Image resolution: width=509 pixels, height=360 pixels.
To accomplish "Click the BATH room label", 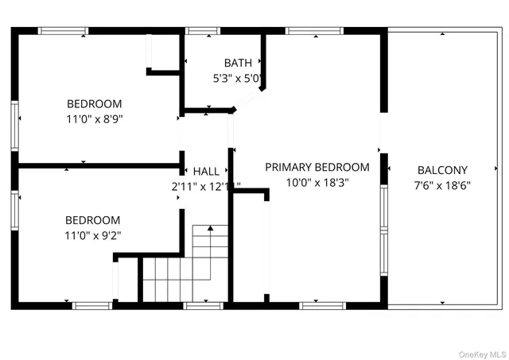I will click(x=237, y=63).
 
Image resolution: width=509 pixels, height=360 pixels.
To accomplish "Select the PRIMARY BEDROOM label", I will click(x=317, y=167).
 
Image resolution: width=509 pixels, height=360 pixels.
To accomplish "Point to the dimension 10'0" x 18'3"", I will click(x=317, y=182).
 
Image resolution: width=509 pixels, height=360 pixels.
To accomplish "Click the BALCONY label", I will click(x=442, y=170).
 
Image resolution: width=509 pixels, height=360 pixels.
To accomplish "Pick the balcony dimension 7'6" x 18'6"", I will click(x=442, y=185).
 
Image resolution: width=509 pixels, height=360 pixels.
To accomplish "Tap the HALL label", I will click(x=206, y=171).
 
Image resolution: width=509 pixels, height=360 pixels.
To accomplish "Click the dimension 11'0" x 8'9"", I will click(x=94, y=118).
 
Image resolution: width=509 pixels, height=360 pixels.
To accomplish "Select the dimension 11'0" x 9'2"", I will click(x=93, y=234).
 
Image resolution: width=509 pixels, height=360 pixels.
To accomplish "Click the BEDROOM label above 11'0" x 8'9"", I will click(x=94, y=103).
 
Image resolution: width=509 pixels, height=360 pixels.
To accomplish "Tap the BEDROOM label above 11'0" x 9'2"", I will click(x=93, y=220).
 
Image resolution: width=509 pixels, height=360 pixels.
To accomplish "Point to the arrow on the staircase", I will click(x=211, y=229).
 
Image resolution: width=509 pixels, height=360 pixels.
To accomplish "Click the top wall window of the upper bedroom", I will click(x=63, y=31).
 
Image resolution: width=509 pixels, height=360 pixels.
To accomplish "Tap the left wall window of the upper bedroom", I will click(x=15, y=125).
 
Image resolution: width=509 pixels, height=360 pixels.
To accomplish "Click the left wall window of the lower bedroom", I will click(x=15, y=210).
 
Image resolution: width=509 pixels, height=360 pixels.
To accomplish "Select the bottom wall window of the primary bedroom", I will click(x=322, y=304).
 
